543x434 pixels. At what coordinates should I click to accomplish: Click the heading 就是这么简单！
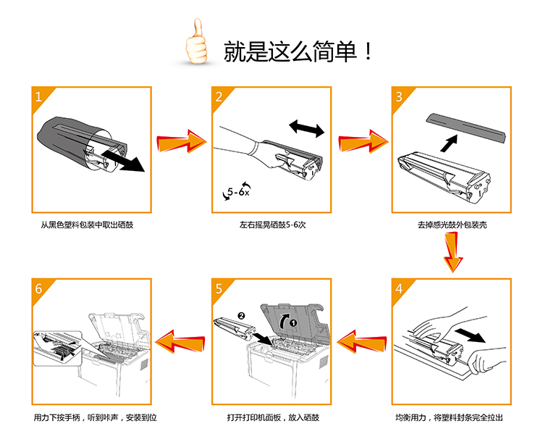tap(298, 51)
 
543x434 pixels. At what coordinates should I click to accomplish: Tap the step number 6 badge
tap(41, 288)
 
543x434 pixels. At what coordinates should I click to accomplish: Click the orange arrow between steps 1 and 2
tap(181, 141)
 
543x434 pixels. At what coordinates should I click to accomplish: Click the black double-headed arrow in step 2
tap(306, 129)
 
